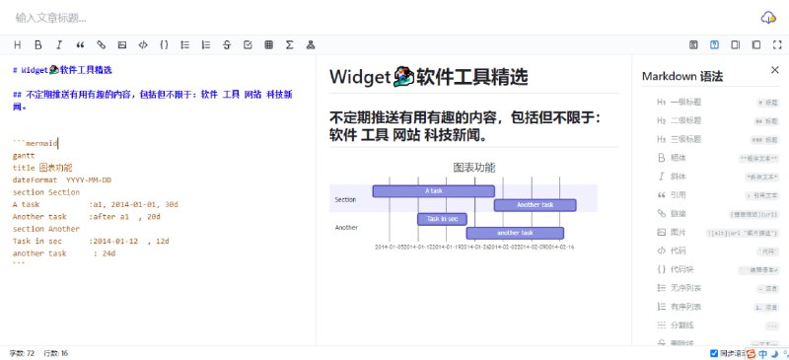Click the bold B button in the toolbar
[37, 44]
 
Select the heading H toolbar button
[17, 44]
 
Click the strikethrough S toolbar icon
[226, 44]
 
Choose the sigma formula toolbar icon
[289, 44]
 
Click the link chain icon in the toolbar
[101, 44]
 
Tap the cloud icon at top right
[768, 17]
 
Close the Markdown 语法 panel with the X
[774, 70]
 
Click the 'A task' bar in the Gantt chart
[433, 190]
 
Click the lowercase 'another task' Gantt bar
[514, 233]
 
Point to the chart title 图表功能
[474, 168]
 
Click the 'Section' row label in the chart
[345, 199]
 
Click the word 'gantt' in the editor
[24, 156]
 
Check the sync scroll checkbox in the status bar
[715, 352]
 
